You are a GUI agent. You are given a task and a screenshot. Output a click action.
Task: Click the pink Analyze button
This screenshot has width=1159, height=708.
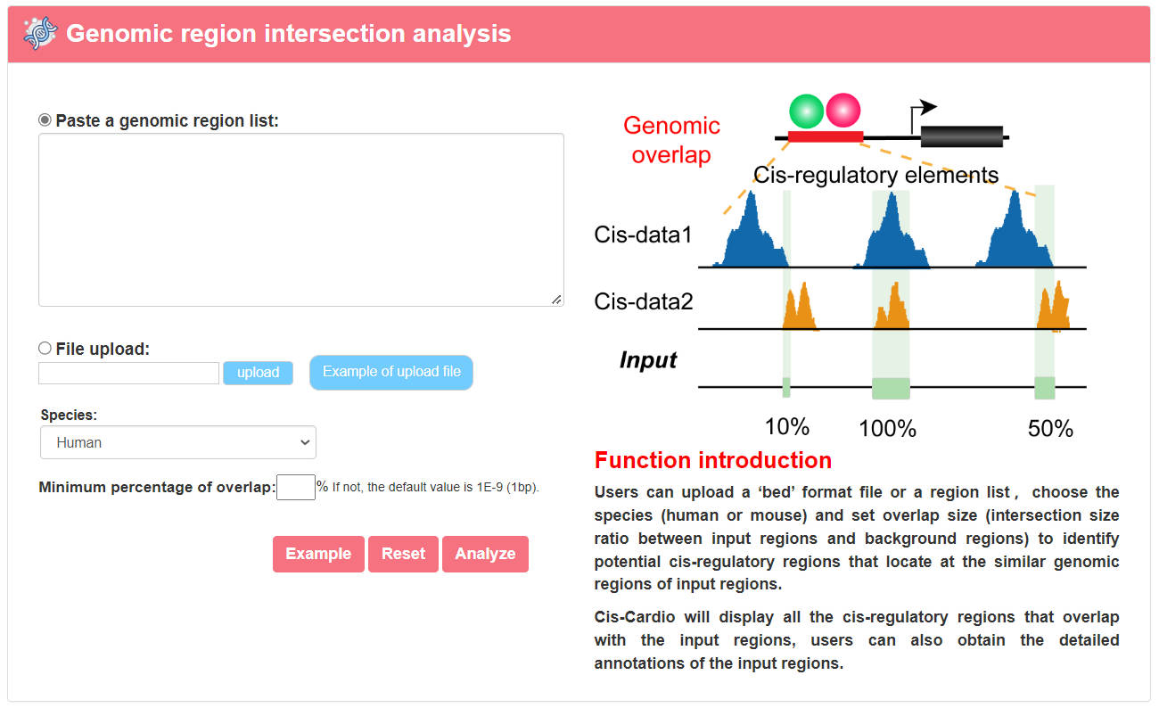[x=485, y=554]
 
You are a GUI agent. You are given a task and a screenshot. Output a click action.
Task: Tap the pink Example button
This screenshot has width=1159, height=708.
[x=318, y=554]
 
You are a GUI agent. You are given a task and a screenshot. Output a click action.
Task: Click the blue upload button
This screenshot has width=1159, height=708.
[x=258, y=373]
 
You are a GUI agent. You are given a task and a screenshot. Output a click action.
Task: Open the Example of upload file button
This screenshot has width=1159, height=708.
[x=391, y=372]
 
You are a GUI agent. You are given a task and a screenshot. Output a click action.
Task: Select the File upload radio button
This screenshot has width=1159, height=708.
[x=45, y=349]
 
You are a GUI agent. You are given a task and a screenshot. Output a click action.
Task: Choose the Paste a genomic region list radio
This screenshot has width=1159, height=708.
[x=45, y=120]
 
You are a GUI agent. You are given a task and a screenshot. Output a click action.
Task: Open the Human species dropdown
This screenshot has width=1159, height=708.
[x=178, y=442]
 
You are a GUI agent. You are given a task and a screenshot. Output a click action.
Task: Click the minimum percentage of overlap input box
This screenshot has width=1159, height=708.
[x=295, y=487]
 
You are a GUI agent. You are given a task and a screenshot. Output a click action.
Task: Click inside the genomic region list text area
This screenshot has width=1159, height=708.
[x=301, y=220]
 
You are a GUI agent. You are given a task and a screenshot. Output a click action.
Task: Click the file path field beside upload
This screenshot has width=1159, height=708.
[x=129, y=373]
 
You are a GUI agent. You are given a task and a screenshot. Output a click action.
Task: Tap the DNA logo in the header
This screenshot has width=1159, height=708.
[x=40, y=33]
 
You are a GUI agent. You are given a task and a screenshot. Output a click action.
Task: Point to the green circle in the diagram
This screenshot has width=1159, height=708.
[x=806, y=111]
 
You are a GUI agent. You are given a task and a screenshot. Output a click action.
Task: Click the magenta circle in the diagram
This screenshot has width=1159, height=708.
[x=843, y=111]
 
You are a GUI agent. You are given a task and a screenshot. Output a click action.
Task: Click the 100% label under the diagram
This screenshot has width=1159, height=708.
[x=887, y=429]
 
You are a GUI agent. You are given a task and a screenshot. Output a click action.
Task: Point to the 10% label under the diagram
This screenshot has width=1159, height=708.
[x=787, y=427]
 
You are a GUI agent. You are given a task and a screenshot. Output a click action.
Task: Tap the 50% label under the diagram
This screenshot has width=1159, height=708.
[x=1050, y=429]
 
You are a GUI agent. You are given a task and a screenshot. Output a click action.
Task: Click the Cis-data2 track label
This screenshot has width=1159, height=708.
[x=643, y=301]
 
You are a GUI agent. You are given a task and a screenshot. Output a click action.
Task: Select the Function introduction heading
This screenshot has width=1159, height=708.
[x=713, y=460]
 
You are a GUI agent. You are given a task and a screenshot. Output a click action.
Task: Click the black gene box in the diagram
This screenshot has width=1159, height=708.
[x=962, y=136]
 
